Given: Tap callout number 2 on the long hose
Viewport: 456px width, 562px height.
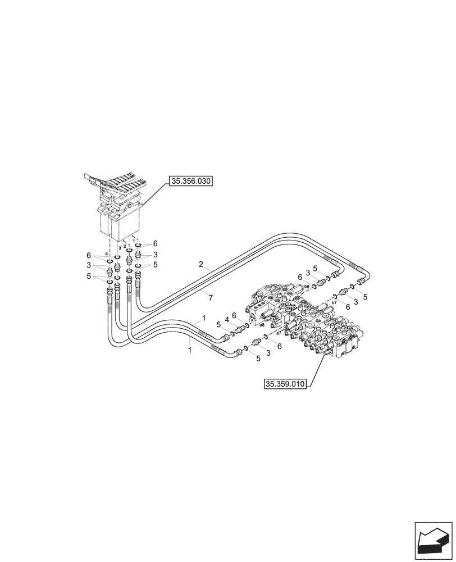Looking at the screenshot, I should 200,264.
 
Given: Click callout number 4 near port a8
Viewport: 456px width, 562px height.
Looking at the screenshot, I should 226,319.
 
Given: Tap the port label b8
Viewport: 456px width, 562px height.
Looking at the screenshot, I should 307,287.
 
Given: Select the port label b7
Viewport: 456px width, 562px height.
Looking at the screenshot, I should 334,302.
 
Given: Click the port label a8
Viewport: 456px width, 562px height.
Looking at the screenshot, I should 262,325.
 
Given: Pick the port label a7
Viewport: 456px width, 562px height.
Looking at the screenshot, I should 279,334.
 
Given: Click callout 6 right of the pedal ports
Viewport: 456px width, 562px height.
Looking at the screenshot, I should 156,243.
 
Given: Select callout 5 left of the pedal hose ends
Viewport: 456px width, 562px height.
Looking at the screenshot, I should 89,276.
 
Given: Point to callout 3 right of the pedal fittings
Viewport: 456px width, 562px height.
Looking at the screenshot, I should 156,255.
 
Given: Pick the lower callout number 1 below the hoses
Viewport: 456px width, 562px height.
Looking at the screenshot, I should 190,350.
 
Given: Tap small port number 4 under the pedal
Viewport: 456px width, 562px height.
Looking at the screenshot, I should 106,254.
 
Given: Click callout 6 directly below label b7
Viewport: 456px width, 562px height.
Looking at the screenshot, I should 348,307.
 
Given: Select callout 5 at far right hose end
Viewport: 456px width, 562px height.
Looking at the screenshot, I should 365,297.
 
